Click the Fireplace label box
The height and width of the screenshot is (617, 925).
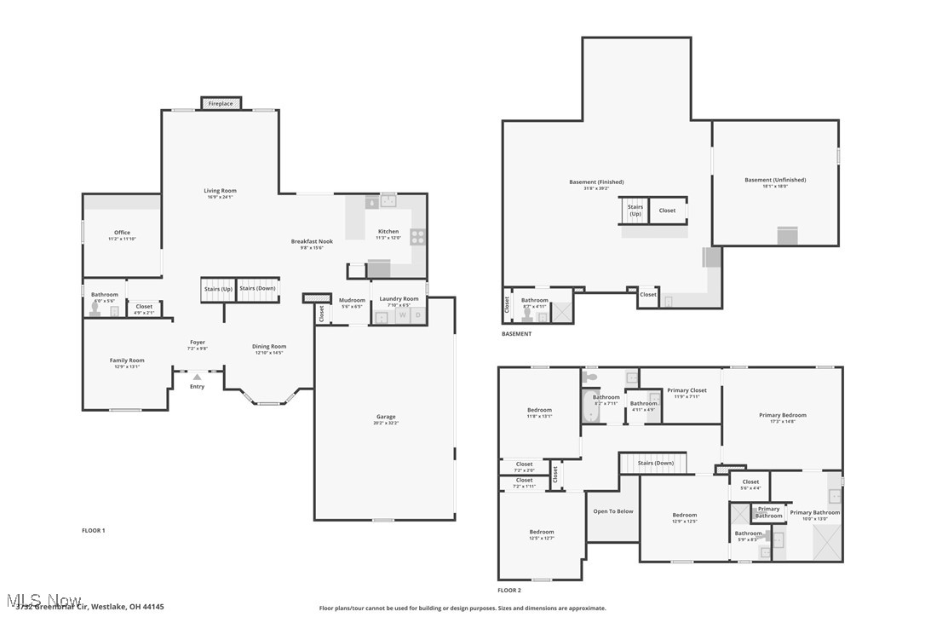pos(221,103)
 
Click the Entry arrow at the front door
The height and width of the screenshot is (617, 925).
pos(197,377)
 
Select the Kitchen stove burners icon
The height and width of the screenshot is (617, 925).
pos(418,236)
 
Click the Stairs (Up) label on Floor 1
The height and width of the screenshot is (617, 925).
pos(218,289)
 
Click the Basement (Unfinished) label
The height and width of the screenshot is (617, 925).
pos(774,180)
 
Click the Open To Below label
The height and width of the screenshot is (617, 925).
pos(613,511)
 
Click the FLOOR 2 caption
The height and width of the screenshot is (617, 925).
pos(509,590)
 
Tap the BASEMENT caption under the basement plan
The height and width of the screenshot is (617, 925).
pos(516,334)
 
